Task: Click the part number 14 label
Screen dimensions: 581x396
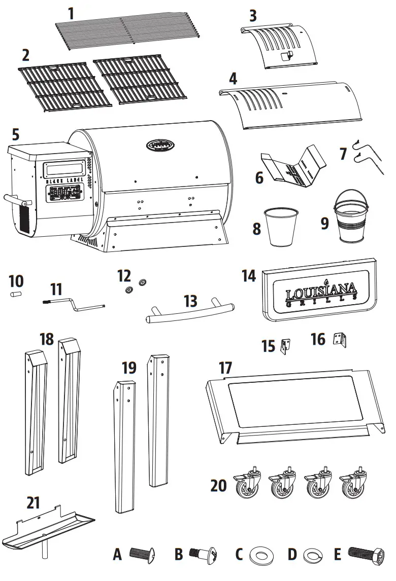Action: coord(249,276)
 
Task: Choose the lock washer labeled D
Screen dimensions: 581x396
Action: coord(312,555)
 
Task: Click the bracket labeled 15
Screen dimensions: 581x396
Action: coord(285,346)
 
